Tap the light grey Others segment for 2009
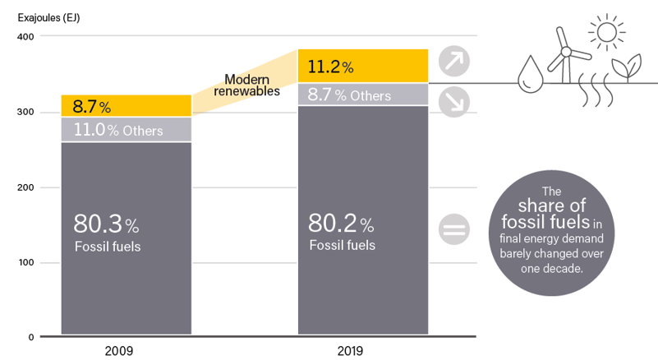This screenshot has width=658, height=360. point(126,130)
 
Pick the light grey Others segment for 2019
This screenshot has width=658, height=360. point(361,95)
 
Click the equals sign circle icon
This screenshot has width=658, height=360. point(452,229)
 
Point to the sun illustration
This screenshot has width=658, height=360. point(607,32)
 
